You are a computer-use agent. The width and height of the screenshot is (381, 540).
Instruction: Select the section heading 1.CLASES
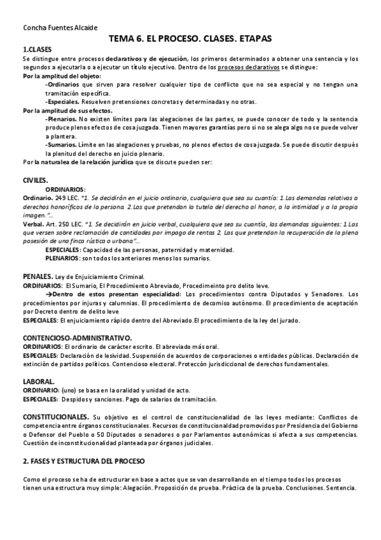click(x=38, y=50)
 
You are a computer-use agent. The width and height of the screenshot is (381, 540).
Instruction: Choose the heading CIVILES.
click(x=36, y=180)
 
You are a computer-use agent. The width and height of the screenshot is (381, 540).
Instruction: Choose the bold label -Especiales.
click(x=62, y=101)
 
